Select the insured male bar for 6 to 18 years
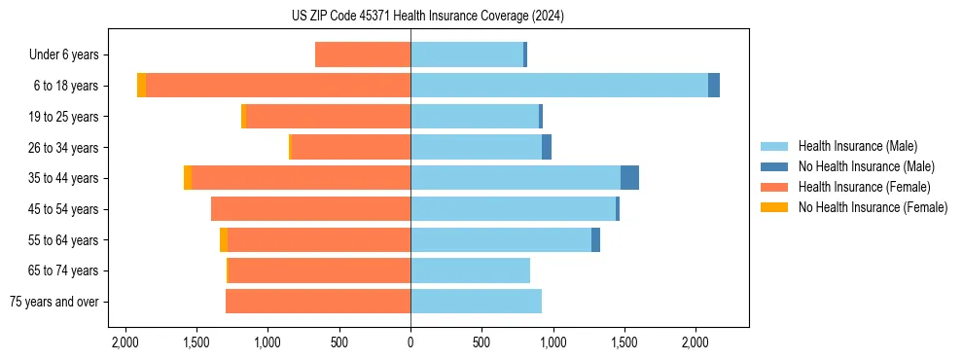tap(559, 85)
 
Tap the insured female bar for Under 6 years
tap(363, 54)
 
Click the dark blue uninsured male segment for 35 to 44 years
tap(629, 178)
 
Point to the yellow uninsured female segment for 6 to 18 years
tap(141, 86)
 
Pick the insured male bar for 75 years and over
tap(476, 302)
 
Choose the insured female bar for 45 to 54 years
tap(310, 209)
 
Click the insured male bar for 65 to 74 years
tap(470, 270)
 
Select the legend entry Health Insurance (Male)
tap(857, 146)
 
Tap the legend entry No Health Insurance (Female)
tap(873, 207)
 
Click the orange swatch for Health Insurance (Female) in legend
tap(774, 187)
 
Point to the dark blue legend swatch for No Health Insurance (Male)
tap(774, 166)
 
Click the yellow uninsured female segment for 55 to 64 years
tap(224, 240)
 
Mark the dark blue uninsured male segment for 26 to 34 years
tap(547, 147)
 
